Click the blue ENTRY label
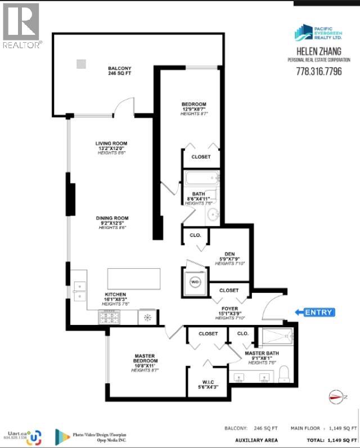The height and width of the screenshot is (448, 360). [x=319, y=313]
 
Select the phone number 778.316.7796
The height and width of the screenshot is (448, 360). [x=318, y=71]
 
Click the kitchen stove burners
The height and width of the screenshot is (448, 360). [x=108, y=318]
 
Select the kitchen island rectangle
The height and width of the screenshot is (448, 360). [x=134, y=279]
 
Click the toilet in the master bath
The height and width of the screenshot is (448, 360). [x=284, y=372]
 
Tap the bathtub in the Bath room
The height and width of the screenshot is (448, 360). [x=201, y=180]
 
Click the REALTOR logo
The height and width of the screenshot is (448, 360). [x=22, y=25]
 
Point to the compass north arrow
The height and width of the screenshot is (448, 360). [x=335, y=397]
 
